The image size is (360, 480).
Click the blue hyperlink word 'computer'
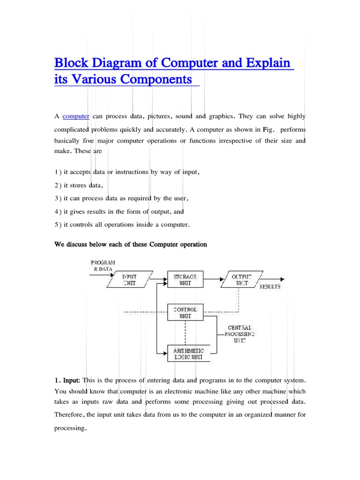tap(76, 116)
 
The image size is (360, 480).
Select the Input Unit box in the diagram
tap(129, 280)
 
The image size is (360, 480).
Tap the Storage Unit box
tap(186, 280)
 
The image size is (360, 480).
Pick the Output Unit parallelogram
tap(241, 280)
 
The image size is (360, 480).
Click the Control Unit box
tap(186, 312)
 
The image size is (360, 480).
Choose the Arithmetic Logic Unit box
tap(186, 353)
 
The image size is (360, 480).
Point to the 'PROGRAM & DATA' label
tap(103, 266)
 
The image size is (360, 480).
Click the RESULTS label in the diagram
tap(270, 286)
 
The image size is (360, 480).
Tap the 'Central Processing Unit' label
tap(239, 334)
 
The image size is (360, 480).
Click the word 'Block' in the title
tap(71, 63)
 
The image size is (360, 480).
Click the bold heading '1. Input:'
tap(67, 379)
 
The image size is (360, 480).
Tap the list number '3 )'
tap(58, 198)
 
